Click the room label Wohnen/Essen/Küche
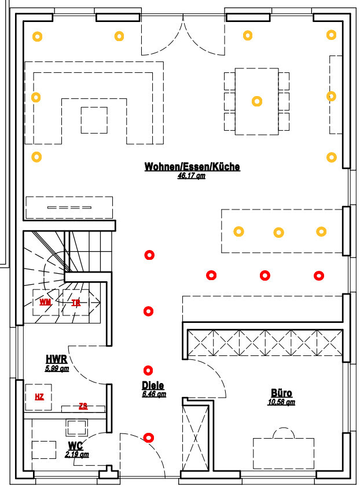(192, 167)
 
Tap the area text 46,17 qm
(192, 176)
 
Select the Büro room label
(281, 394)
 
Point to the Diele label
(153, 385)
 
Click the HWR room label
(57, 359)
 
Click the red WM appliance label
(45, 302)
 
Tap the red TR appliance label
(76, 302)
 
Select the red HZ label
(39, 396)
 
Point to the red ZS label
(83, 406)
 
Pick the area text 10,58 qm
(282, 402)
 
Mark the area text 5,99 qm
(57, 367)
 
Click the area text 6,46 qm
(154, 394)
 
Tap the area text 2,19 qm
(77, 454)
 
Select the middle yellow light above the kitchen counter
(278, 233)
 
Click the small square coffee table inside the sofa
(94, 120)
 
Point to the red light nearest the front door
(149, 437)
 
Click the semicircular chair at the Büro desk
(284, 433)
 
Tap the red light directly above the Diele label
(149, 370)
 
